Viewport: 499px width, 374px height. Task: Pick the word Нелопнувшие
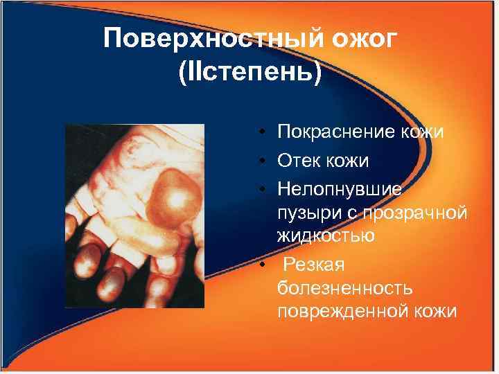pos(342,188)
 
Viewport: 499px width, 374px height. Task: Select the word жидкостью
pos(326,235)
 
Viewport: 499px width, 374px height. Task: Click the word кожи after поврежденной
pos(436,312)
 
